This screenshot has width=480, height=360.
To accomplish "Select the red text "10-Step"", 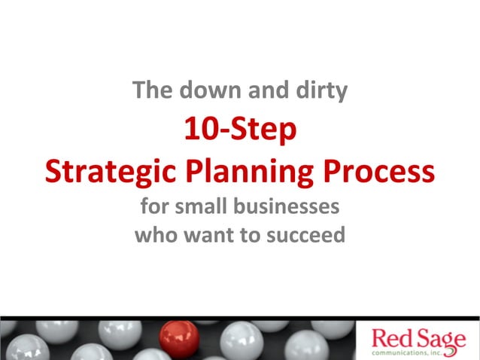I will (240, 133).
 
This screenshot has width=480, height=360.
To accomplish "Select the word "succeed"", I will (305, 235).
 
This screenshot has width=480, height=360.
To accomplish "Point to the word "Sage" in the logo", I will (440, 336).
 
